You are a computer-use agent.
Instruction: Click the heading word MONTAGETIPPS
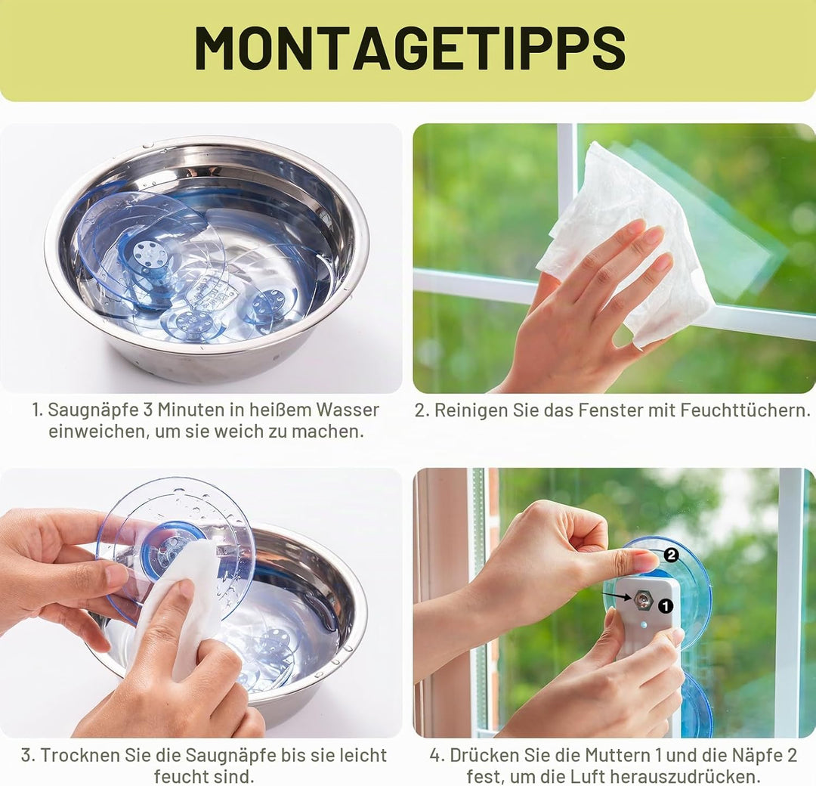(x=410, y=47)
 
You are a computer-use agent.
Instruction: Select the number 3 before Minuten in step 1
(x=147, y=410)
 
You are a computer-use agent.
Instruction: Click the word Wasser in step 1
(x=347, y=410)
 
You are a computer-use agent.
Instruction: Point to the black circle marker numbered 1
(x=666, y=606)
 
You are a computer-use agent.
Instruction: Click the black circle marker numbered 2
(x=672, y=555)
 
